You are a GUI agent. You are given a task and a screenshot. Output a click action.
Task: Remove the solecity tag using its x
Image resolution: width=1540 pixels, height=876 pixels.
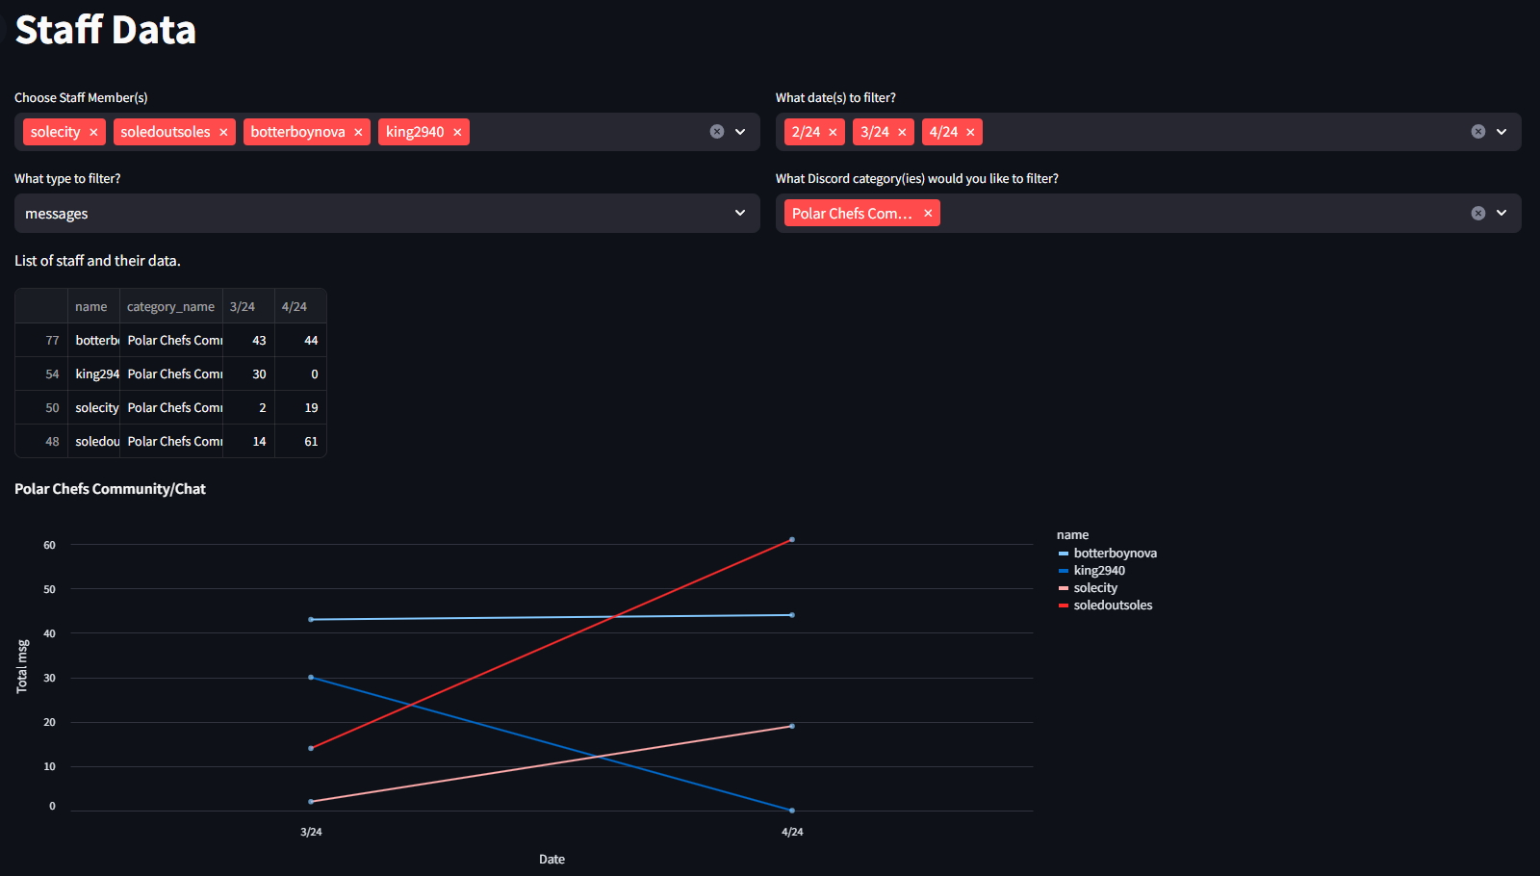click(x=93, y=133)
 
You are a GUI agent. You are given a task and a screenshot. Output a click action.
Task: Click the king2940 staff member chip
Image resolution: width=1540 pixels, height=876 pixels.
click(x=415, y=132)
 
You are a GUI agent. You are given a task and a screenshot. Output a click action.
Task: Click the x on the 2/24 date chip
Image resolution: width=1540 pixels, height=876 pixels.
click(x=833, y=133)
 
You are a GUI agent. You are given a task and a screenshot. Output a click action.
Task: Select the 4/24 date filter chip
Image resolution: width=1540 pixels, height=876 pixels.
click(x=943, y=132)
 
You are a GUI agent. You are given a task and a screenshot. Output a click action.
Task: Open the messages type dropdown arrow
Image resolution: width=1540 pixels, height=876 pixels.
click(x=739, y=213)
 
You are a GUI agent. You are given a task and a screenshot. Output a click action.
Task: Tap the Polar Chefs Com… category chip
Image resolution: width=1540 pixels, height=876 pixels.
click(x=852, y=214)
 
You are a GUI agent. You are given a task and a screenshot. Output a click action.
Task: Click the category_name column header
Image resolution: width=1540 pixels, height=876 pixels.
click(x=170, y=307)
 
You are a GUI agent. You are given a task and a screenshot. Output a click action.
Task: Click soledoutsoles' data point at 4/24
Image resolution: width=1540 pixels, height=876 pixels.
click(x=792, y=540)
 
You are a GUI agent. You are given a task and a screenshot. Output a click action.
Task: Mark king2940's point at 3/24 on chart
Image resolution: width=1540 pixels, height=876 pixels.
click(x=311, y=678)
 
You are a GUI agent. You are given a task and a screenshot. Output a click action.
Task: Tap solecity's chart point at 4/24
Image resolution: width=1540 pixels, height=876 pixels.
click(x=792, y=726)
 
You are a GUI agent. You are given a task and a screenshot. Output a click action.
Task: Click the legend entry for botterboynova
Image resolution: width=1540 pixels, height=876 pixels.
click(x=1115, y=554)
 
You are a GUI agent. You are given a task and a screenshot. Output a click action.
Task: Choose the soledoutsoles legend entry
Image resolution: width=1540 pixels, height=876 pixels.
click(x=1113, y=605)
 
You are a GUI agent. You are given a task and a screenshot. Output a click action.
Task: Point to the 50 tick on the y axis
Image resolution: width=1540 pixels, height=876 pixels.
click(x=49, y=589)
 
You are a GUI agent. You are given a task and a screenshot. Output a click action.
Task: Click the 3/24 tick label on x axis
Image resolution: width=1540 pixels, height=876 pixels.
click(x=311, y=832)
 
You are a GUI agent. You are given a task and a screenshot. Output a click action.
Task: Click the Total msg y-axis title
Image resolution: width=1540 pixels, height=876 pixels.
click(x=22, y=666)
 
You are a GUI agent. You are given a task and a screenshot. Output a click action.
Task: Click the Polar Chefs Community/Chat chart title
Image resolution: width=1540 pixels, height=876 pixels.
click(x=110, y=489)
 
